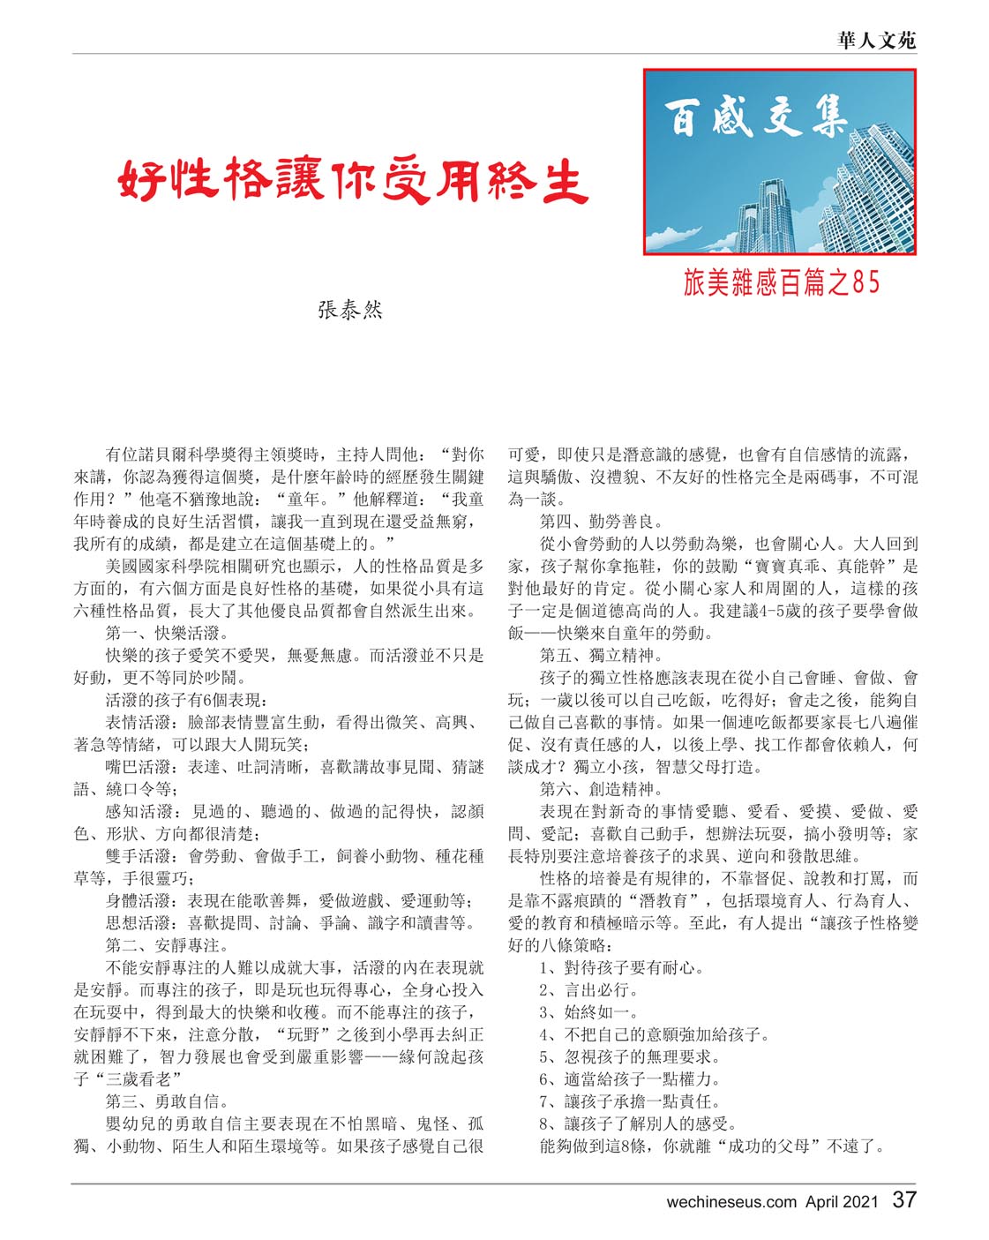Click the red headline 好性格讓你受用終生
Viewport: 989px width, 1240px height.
click(353, 181)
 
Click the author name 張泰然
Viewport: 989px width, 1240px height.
click(350, 310)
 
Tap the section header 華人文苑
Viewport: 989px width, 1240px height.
click(876, 40)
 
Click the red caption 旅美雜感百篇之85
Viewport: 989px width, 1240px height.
click(781, 282)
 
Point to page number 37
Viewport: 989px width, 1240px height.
click(904, 1200)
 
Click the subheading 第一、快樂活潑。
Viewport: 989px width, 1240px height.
click(168, 634)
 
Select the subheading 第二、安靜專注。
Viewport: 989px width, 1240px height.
click(168, 945)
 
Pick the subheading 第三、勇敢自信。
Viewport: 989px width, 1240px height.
click(168, 1101)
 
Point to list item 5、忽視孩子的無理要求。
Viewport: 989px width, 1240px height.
click(630, 1056)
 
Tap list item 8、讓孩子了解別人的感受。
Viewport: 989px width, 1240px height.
click(638, 1124)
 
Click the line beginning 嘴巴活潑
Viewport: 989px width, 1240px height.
click(295, 767)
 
